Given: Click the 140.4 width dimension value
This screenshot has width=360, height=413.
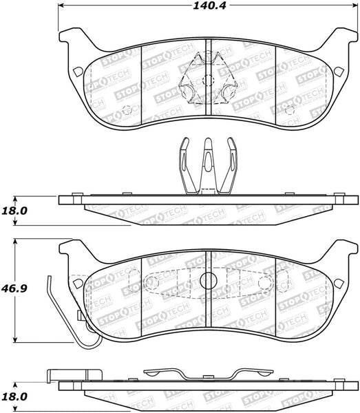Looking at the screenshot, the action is [x=209, y=6].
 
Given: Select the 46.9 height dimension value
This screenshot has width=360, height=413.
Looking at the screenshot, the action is [x=14, y=288].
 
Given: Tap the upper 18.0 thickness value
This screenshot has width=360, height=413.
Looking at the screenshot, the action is [x=14, y=211].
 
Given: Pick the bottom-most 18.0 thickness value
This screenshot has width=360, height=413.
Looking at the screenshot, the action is [x=14, y=396].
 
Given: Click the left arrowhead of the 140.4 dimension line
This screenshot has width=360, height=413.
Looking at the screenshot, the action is [x=61, y=6].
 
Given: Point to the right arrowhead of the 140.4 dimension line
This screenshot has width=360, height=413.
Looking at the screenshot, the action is [x=354, y=6].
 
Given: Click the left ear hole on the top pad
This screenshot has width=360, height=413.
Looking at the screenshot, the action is [x=78, y=72].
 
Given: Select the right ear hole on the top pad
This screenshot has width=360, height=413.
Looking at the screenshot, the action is [x=339, y=71].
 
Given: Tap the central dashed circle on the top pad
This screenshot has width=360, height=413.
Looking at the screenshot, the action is [x=209, y=80].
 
